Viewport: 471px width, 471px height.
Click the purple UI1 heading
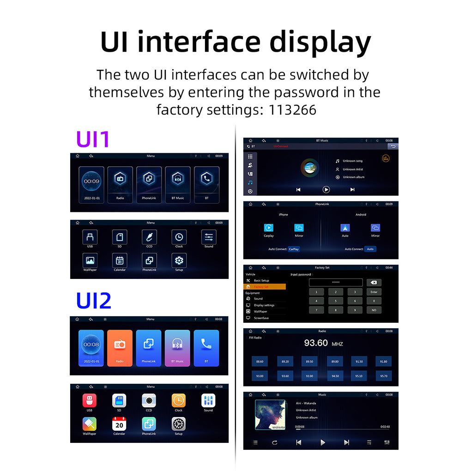tap(93, 139)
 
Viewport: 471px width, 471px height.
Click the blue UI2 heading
tap(94, 301)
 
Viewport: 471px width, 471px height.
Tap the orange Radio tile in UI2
tap(120, 348)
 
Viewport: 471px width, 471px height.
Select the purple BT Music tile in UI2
tap(177, 348)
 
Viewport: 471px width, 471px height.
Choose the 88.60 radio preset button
tap(260, 362)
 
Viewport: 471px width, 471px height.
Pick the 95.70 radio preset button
tap(383, 376)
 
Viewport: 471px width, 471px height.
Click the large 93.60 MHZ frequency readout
tap(323, 343)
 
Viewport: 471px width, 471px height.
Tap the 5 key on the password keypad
tap(336, 301)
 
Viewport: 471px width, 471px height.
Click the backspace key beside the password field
tap(374, 283)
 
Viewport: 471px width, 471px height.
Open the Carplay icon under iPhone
tap(269, 228)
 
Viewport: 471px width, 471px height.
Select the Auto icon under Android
tap(345, 228)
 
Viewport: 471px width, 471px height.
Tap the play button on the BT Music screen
tap(326, 189)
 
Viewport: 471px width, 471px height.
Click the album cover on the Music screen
tap(270, 415)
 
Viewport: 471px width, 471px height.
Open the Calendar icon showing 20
tap(119, 424)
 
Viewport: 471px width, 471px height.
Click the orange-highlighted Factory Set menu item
tap(265, 287)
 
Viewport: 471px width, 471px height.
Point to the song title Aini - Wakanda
tap(306, 403)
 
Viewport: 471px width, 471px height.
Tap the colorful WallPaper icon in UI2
tap(90, 424)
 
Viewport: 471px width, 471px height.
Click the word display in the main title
tap(320, 42)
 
